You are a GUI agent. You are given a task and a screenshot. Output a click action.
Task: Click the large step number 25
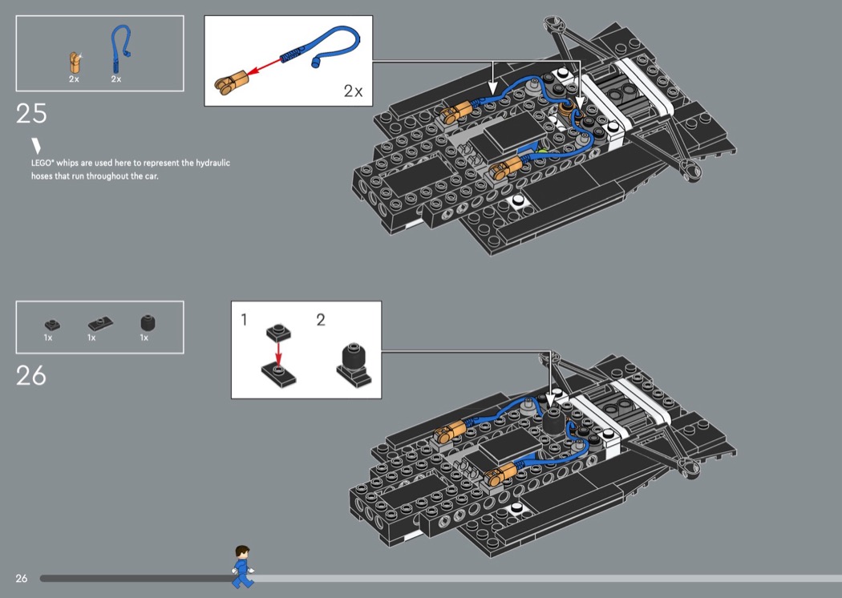31,113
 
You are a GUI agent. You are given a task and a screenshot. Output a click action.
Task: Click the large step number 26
31,375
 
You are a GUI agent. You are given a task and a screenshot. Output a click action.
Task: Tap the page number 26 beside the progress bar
22,578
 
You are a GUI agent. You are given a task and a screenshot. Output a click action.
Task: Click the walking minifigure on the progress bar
242,565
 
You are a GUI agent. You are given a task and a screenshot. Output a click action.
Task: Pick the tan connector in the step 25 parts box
75,62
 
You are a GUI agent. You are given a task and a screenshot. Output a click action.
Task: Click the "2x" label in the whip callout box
353,91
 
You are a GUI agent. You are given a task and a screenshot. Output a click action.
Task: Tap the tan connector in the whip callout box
231,79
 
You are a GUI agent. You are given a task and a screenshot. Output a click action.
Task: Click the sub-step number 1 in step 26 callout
245,320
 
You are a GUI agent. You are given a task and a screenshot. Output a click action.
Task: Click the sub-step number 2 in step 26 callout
321,320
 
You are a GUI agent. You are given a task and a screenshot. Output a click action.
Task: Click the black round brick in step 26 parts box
147,322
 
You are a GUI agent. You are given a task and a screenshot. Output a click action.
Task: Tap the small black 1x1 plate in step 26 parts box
51,324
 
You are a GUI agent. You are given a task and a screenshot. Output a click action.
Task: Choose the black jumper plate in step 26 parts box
99,323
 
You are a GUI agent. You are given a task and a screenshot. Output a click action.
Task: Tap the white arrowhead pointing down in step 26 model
550,380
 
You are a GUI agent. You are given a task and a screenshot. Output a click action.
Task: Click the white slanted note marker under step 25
36,146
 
